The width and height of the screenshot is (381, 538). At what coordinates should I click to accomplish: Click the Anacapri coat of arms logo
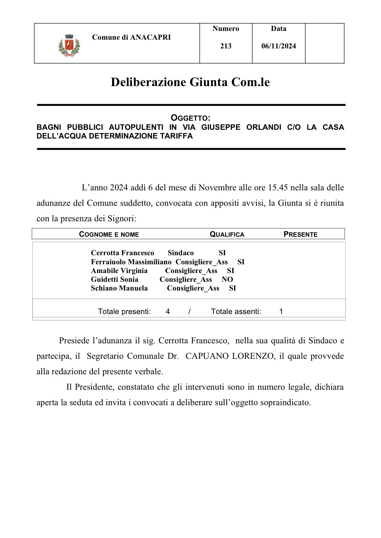point(69,45)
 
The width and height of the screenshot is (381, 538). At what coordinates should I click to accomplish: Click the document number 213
point(226,46)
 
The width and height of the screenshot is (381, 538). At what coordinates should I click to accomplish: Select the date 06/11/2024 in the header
point(279,46)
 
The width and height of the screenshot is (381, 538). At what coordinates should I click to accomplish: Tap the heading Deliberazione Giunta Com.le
point(190,82)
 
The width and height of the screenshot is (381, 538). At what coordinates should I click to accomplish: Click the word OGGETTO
point(190,118)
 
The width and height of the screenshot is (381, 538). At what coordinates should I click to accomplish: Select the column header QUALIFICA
point(227,234)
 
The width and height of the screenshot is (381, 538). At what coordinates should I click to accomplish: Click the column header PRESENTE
point(300,234)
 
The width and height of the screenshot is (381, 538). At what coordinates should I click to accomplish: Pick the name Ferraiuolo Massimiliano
point(131,262)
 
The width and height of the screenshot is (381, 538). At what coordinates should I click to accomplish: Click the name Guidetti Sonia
point(114,279)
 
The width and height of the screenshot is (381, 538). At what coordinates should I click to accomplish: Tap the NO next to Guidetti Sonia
point(227,279)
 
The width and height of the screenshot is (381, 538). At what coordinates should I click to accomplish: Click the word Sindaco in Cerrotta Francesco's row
point(181,253)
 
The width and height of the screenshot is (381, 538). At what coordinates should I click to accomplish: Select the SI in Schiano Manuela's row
point(232,288)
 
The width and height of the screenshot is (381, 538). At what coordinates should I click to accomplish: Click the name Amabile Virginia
point(119,271)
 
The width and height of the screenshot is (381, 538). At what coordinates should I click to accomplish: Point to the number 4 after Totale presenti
point(168,312)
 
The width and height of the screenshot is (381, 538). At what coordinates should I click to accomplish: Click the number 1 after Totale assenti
point(281,312)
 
